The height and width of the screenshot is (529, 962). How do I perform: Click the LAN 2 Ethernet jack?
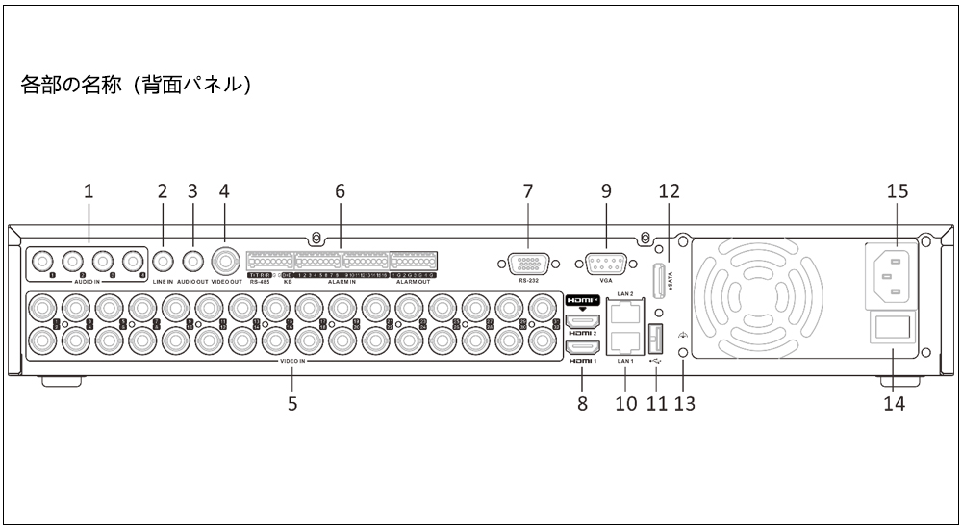[625, 312]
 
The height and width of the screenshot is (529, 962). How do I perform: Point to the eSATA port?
[660, 279]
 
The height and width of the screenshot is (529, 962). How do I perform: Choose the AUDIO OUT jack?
[192, 261]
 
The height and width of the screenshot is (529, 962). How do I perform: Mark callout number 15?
[897, 190]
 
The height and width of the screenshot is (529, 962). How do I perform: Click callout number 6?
[339, 190]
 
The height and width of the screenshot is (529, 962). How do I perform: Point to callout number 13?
[686, 403]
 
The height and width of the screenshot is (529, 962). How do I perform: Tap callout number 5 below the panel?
[292, 403]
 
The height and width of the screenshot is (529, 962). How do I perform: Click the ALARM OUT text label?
[413, 283]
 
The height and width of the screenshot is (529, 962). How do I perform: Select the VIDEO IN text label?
[292, 362]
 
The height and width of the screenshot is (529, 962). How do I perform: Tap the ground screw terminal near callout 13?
[684, 354]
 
